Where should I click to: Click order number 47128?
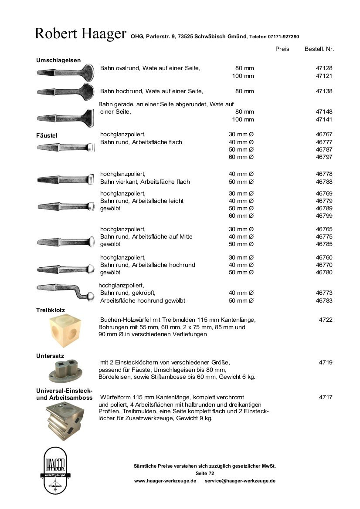324,68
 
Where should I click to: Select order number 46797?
324,157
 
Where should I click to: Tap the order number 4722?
326,320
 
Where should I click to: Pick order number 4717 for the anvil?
326,397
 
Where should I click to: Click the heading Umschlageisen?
58,60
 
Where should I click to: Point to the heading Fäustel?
47,135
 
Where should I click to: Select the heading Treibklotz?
51,310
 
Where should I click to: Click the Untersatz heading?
50,356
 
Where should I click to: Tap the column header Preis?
282,49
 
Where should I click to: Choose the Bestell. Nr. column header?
319,49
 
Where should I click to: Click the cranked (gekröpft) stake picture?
65,291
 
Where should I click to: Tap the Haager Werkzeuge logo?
56,470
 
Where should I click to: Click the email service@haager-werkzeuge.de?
240,481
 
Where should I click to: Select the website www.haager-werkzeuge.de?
165,481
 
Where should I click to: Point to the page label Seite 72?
205,473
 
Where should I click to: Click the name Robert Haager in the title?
80,34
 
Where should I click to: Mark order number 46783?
324,301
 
